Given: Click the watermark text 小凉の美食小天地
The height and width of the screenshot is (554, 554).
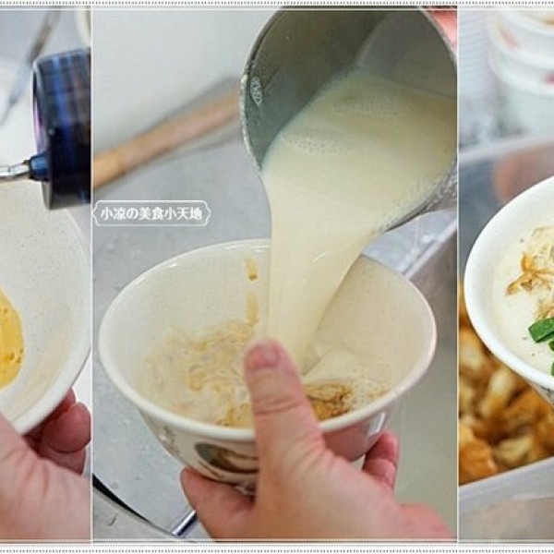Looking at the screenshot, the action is pos(151,213).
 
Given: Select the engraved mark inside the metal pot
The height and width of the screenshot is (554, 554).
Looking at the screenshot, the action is pos(256,90).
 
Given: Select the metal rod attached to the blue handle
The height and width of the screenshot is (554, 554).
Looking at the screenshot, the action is pos(14,172).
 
